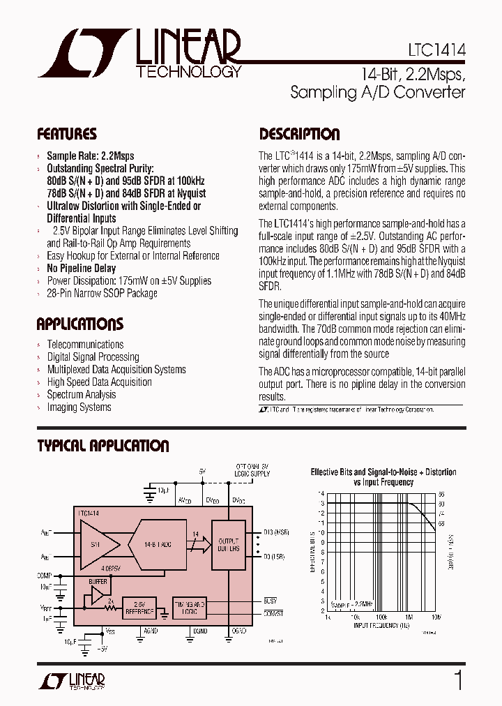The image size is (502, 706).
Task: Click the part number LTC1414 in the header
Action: coord(436,51)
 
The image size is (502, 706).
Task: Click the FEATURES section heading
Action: coord(67,134)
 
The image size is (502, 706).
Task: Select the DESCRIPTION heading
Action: coord(300,134)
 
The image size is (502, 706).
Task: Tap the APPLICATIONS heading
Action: coord(80,324)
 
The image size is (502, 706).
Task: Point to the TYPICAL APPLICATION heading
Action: coord(103,446)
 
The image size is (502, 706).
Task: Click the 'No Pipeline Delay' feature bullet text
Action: coord(81,269)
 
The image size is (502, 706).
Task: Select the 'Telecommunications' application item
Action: coord(85,345)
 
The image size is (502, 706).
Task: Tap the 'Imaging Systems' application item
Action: coord(79,407)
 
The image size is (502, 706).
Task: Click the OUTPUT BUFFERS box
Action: coord(228,545)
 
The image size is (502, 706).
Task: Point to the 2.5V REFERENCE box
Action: coord(139,608)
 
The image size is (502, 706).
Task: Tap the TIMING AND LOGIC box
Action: coord(189,607)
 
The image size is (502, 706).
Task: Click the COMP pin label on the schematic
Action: coord(45,576)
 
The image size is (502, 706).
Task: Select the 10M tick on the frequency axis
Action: coord(436,617)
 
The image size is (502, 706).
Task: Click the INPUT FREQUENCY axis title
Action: coord(381,626)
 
